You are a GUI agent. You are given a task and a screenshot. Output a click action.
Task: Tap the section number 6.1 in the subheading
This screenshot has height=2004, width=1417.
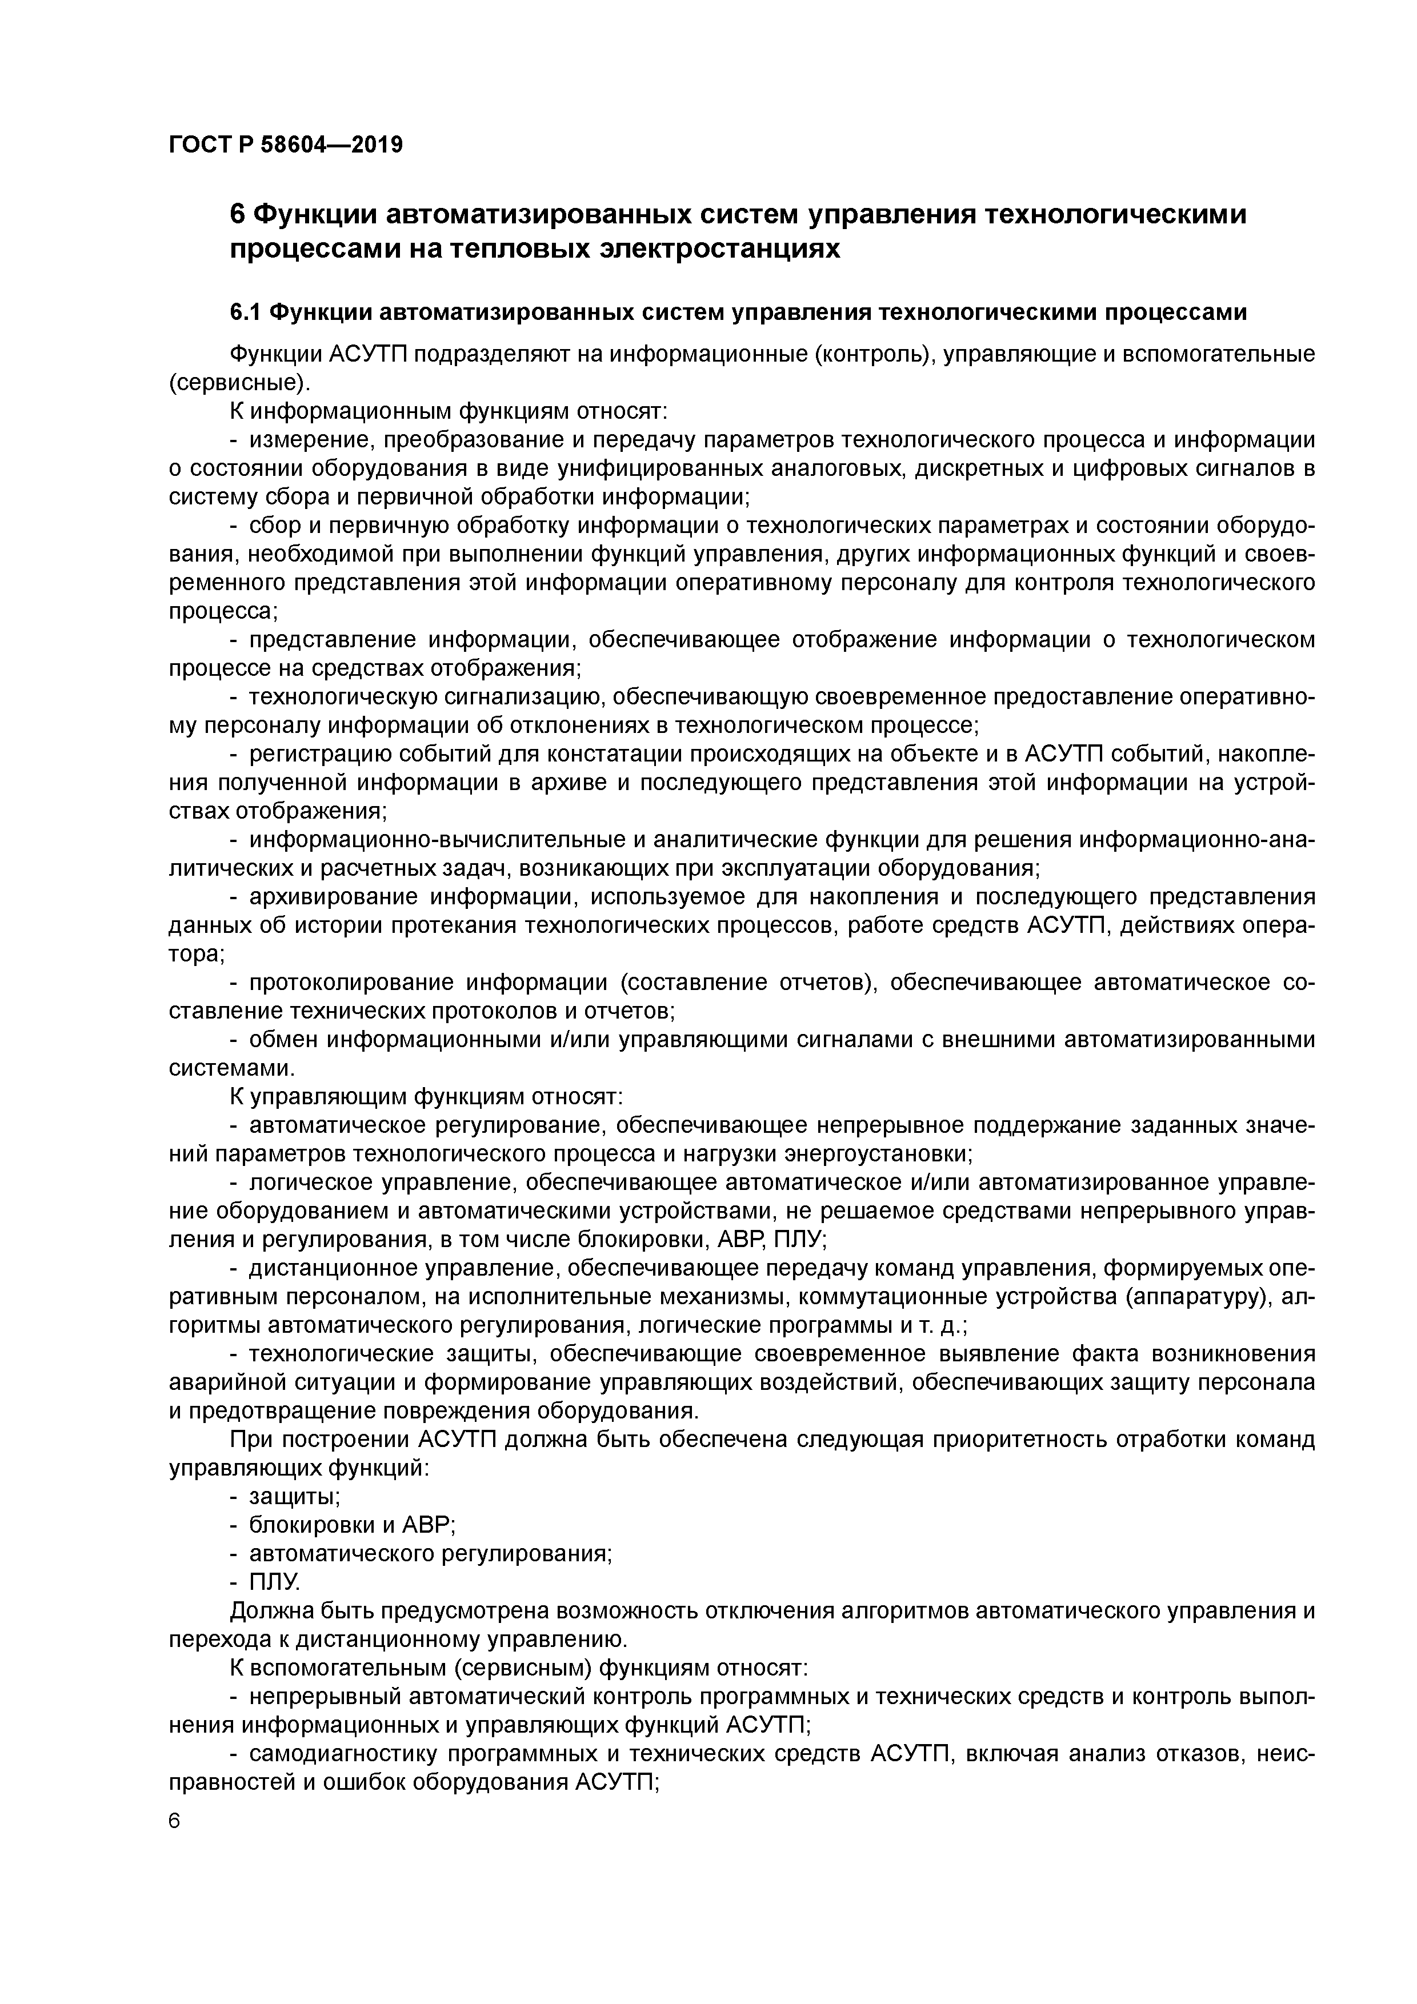coord(246,311)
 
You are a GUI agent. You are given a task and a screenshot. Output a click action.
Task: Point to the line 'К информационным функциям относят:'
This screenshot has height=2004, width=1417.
coord(448,411)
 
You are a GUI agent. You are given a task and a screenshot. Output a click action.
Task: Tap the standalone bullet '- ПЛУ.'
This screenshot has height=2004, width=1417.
coord(266,1582)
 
